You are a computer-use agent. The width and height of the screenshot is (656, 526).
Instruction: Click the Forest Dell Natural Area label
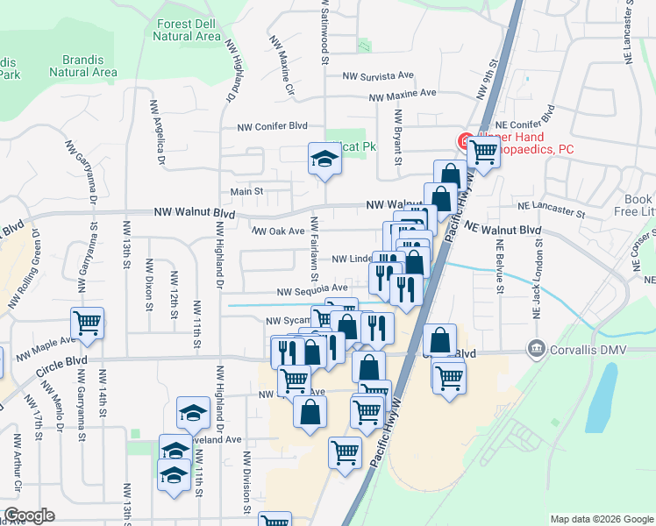tap(186, 30)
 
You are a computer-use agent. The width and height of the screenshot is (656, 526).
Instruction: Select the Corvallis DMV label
tap(585, 348)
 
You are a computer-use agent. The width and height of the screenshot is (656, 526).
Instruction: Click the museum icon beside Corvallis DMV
tap(534, 348)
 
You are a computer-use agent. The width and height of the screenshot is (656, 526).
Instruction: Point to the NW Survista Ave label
tap(377, 76)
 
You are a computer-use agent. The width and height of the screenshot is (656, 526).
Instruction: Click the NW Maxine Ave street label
tap(403, 94)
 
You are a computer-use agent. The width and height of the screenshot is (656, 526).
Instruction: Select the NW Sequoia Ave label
tap(313, 288)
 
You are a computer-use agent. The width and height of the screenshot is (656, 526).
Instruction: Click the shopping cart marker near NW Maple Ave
tap(87, 323)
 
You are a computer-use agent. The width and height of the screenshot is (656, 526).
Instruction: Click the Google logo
tap(29, 515)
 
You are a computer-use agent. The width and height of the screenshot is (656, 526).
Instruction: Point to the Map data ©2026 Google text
tap(602, 519)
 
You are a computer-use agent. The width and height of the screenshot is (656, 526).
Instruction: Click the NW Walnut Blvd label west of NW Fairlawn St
tap(195, 212)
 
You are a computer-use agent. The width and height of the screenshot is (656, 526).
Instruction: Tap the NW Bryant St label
tap(398, 137)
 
